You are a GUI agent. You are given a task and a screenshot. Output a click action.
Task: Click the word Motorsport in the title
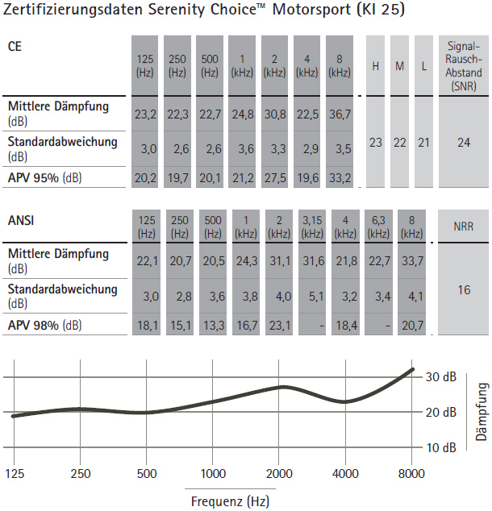(x=311, y=9)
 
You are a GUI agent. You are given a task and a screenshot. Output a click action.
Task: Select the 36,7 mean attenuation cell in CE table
(x=340, y=114)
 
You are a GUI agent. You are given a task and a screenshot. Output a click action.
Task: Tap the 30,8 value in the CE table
(x=275, y=114)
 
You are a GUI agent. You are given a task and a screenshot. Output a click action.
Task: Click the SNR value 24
(x=464, y=143)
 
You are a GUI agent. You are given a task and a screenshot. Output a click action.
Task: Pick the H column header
(x=376, y=66)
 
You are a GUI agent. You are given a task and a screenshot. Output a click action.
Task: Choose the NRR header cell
(x=463, y=226)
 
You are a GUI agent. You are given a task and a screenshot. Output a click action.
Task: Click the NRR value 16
(x=464, y=289)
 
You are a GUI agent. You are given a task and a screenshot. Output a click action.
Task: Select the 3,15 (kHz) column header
(x=312, y=226)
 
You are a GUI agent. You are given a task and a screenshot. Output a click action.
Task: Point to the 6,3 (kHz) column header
(x=378, y=226)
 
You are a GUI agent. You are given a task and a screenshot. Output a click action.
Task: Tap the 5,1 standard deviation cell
(x=316, y=297)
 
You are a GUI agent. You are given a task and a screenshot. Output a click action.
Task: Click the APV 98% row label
(x=44, y=325)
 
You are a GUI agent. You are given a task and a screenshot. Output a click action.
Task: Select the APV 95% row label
(x=44, y=178)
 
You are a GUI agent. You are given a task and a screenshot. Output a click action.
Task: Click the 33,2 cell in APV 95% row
(x=340, y=178)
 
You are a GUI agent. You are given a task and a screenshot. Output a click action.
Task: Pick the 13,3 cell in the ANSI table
(x=214, y=326)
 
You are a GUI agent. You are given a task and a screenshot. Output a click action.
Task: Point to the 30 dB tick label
(x=441, y=377)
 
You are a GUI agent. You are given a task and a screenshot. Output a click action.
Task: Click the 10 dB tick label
(x=441, y=448)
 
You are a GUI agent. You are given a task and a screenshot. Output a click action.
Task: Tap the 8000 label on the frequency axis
(x=411, y=474)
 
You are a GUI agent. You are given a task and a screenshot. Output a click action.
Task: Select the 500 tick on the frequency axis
(x=147, y=474)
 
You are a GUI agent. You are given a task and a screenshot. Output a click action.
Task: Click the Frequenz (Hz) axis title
(x=230, y=501)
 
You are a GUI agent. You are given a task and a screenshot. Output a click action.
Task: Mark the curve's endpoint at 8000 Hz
(x=412, y=370)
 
